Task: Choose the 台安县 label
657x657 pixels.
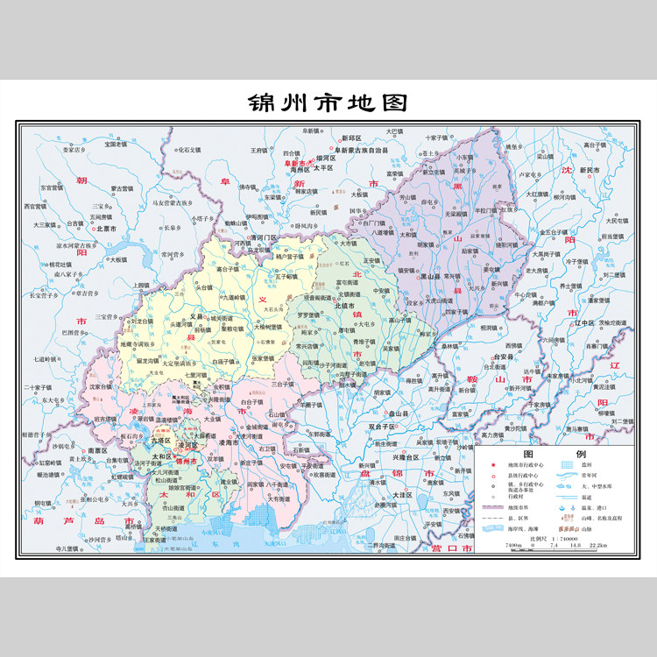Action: [500, 357]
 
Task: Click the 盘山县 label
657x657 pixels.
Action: [399, 413]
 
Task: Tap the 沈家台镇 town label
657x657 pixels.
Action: [101, 385]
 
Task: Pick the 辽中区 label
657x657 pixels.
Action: [583, 324]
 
